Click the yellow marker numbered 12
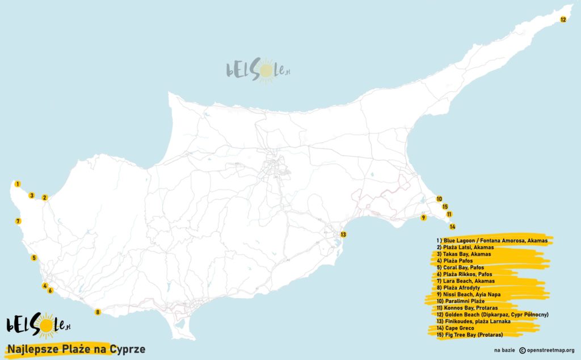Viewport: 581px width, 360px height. (563, 19)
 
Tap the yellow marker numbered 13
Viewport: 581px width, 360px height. (343, 235)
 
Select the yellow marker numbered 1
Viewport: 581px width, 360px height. (18, 184)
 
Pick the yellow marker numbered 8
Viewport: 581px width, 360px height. (98, 312)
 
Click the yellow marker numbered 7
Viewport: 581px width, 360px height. (18, 221)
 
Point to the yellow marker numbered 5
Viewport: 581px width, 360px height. (34, 258)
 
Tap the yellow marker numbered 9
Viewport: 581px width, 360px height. (423, 217)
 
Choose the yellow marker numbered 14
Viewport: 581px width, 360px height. (452, 227)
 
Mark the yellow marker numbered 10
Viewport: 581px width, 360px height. (439, 199)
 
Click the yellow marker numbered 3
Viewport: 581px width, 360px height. (32, 196)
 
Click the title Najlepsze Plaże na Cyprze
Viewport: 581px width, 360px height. (76, 349)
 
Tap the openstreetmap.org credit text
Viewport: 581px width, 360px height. (546, 350)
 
